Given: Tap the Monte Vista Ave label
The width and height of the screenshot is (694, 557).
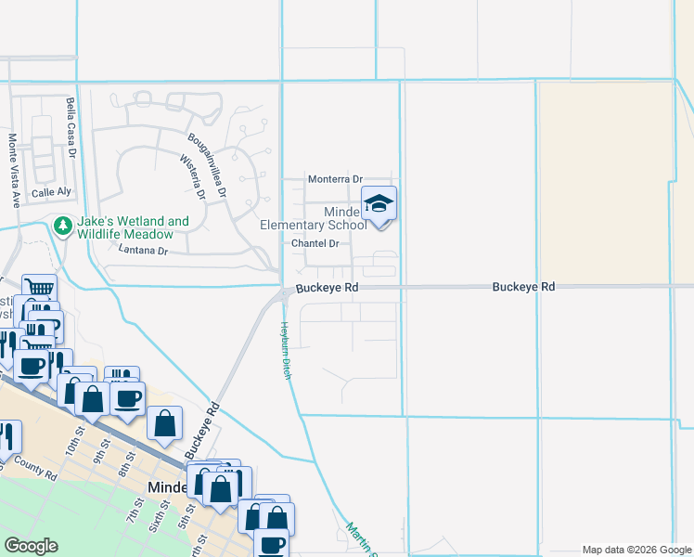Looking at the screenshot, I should [x=14, y=170].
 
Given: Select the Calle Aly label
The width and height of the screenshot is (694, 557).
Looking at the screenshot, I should [x=51, y=192].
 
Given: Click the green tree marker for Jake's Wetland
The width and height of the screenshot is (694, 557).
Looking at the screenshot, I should [x=63, y=226].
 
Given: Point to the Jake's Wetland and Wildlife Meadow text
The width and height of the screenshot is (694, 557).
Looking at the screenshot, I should [x=132, y=228].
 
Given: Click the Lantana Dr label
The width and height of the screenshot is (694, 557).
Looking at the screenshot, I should [x=143, y=251].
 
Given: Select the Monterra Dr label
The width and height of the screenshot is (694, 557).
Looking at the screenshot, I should [x=335, y=178].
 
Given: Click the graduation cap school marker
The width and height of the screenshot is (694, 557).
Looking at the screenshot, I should [x=379, y=203].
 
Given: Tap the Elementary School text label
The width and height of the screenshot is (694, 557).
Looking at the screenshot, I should [x=314, y=225].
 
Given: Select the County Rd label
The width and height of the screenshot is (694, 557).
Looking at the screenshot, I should [x=35, y=472].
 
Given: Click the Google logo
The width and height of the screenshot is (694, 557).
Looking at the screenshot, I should [x=30, y=546].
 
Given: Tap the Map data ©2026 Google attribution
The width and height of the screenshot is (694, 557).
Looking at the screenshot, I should [x=636, y=550].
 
